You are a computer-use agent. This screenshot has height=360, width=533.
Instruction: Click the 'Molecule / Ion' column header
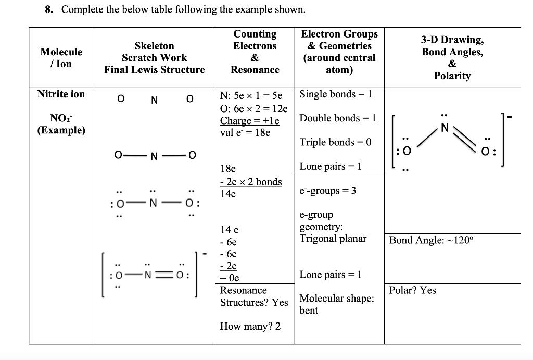click(61, 57)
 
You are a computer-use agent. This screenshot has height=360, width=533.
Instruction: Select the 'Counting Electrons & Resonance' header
click(255, 52)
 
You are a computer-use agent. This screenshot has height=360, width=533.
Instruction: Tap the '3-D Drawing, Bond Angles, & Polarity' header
click(452, 57)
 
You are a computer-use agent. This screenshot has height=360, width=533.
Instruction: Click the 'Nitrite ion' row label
click(61, 94)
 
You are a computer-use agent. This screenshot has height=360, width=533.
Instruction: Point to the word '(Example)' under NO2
click(61, 130)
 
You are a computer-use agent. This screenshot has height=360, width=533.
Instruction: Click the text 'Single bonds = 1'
click(336, 94)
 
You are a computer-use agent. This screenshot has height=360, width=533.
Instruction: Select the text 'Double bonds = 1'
click(338, 118)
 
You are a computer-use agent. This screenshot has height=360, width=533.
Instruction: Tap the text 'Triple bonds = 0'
click(336, 142)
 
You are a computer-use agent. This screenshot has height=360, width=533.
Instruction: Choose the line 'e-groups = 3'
click(328, 191)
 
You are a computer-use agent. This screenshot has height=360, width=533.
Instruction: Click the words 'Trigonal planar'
click(333, 239)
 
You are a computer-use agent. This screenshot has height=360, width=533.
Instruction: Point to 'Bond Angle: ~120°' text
click(432, 240)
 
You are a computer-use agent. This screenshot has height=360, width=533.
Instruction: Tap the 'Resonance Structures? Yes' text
click(253, 296)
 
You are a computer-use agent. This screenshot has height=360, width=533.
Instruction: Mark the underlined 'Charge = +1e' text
click(249, 121)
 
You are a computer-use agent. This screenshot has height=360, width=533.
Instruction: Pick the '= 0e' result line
click(230, 278)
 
